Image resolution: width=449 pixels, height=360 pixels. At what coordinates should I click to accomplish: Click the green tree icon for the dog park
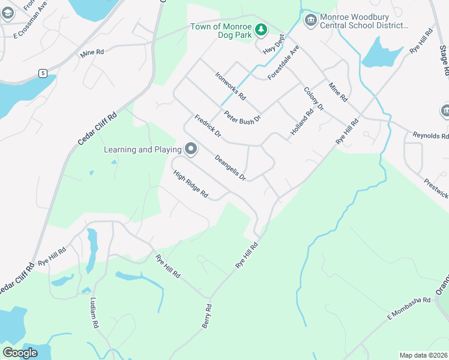(261, 28)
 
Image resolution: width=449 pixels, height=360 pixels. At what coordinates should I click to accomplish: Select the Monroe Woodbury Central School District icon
(310, 20)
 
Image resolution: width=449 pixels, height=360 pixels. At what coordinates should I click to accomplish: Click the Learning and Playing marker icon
(191, 149)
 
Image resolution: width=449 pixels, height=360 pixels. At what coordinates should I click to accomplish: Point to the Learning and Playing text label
(143, 149)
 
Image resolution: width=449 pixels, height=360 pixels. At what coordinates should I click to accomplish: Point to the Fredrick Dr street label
(208, 127)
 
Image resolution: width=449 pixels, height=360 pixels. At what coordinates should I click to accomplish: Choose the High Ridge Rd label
(190, 185)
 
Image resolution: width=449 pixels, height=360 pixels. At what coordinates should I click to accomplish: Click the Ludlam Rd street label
(94, 313)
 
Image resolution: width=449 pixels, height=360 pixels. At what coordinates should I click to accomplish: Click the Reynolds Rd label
(430, 136)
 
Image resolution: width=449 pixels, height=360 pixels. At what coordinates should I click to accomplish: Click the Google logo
(20, 353)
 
